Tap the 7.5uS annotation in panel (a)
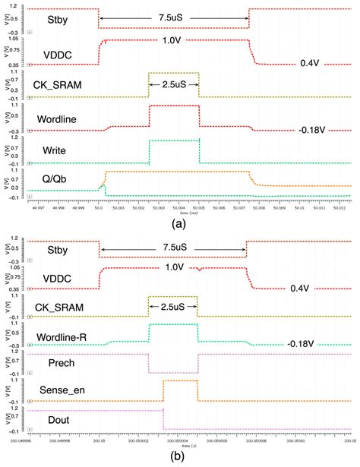click(173, 16)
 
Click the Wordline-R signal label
click(65, 336)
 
